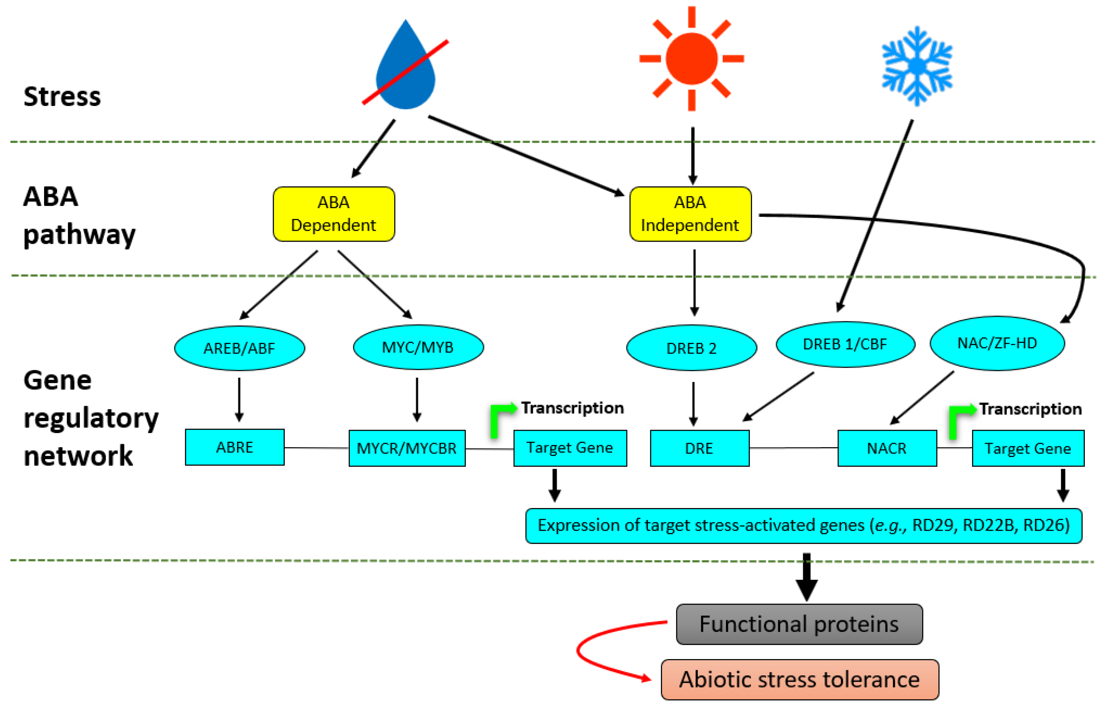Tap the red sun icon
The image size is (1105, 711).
pyautogui.click(x=691, y=59)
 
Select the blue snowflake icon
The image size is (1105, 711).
pyautogui.click(x=917, y=66)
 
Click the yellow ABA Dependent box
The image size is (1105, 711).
pyautogui.click(x=334, y=214)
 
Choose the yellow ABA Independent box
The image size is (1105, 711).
pyautogui.click(x=690, y=214)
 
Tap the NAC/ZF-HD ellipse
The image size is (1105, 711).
pyautogui.click(x=997, y=343)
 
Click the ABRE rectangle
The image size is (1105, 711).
pyautogui.click(x=235, y=447)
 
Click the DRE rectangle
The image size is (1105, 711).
pyautogui.click(x=699, y=448)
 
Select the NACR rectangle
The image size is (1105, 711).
pyautogui.click(x=887, y=448)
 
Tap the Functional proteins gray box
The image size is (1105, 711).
pyautogui.click(x=799, y=624)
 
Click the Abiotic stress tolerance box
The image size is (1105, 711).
pyautogui.click(x=799, y=679)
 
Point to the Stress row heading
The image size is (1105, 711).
pyautogui.click(x=62, y=97)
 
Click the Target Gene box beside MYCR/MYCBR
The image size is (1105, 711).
pyautogui.click(x=570, y=448)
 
